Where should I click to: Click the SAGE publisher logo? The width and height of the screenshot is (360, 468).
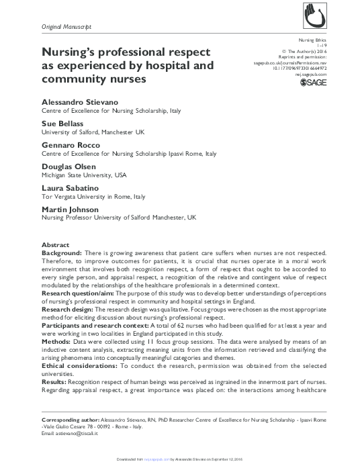tap(326, 83)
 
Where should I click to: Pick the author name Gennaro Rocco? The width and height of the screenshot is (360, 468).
tap(71, 146)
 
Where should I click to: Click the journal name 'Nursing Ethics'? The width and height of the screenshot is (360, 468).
tap(332, 40)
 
